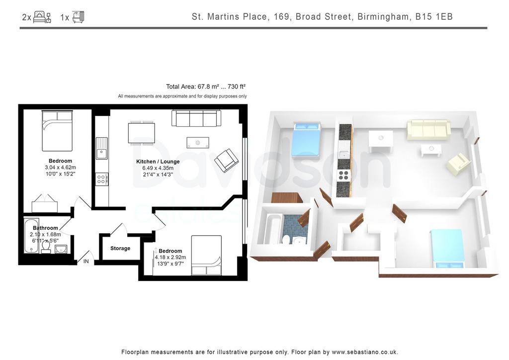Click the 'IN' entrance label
click(86, 261)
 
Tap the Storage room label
click(120, 248)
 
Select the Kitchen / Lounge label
click(158, 161)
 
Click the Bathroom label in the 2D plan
click(45, 228)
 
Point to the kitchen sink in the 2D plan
click(101, 148)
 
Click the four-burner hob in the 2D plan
click(101, 179)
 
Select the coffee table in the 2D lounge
click(198, 143)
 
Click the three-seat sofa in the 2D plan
click(196, 118)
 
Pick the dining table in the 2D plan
click(141, 133)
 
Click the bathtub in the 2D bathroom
click(31, 236)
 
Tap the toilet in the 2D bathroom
click(46, 248)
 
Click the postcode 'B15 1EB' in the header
click(434, 16)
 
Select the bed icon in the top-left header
click(42, 17)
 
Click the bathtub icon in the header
click(78, 17)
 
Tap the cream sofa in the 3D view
click(428, 129)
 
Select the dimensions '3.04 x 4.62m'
click(60, 168)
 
